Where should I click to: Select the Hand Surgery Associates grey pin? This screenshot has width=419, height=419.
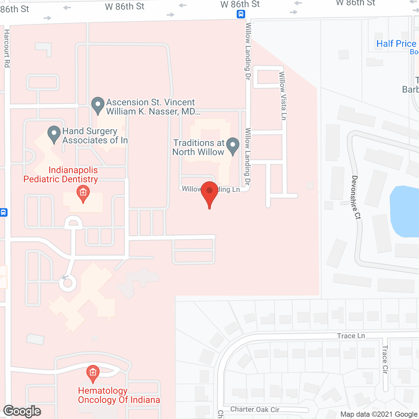[54, 134]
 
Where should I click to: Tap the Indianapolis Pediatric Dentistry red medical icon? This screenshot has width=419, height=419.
[83, 193]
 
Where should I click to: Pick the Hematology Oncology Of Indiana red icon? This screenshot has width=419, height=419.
[93, 373]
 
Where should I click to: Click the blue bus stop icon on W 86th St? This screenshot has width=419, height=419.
[241, 14]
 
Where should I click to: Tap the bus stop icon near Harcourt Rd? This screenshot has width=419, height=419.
[3, 212]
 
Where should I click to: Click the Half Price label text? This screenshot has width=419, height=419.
[396, 44]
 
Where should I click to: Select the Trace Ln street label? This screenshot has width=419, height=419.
[351, 336]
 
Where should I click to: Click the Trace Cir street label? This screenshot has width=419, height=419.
[385, 359]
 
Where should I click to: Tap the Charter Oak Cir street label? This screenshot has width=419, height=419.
[255, 409]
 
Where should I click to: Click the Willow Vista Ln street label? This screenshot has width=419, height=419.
[282, 96]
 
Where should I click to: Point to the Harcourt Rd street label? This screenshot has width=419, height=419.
[7, 48]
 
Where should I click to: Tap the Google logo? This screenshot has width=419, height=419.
[22, 411]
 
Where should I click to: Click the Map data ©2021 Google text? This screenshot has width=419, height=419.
[379, 414]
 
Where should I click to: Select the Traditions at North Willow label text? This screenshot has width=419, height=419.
[198, 147]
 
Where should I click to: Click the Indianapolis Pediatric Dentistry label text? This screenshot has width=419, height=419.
[61, 174]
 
